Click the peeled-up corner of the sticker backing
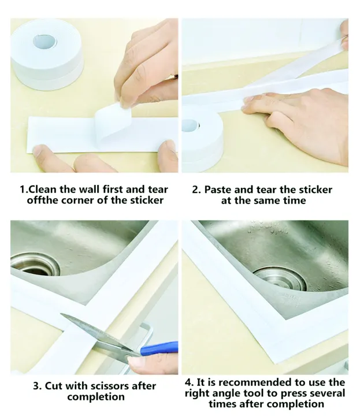coord(113,122)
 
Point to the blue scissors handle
coord(159,348)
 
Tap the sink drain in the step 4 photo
coord(280,279)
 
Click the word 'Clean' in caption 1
coord(42,190)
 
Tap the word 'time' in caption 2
coord(295,200)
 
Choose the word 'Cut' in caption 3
coord(54,386)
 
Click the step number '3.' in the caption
coord(37,386)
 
